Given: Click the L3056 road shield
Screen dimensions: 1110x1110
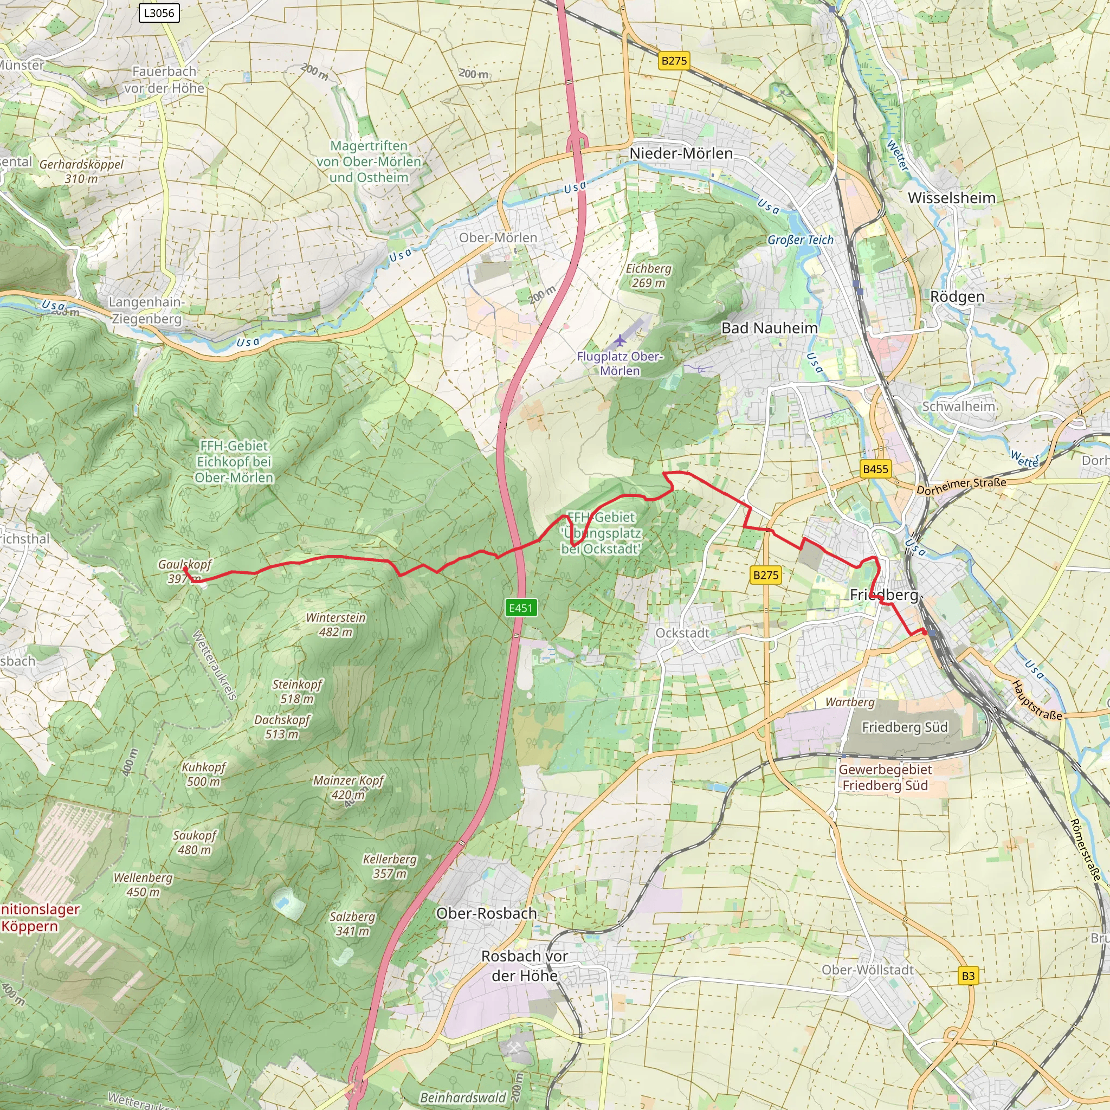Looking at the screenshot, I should click(x=159, y=12).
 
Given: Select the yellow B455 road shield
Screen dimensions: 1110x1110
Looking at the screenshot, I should click(x=875, y=469).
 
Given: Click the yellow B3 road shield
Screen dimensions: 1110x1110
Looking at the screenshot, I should click(x=968, y=976).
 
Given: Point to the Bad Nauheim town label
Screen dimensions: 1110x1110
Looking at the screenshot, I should click(x=769, y=328).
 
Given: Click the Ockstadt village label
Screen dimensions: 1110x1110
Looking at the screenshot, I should click(x=682, y=633).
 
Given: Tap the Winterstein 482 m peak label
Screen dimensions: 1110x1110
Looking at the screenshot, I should click(x=335, y=624).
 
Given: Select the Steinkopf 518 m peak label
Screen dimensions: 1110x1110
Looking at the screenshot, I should click(x=296, y=691).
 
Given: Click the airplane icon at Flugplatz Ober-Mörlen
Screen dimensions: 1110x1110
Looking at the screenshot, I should click(x=619, y=341).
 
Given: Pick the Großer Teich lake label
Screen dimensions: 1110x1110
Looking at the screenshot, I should click(x=801, y=240).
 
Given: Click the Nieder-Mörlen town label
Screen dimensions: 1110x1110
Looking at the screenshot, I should click(x=681, y=153).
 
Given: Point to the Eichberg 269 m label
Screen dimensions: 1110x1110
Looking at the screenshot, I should click(x=648, y=276).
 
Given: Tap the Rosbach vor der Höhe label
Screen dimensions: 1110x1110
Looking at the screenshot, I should click(x=525, y=966).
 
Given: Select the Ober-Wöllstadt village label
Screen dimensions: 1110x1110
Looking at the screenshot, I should click(x=868, y=970).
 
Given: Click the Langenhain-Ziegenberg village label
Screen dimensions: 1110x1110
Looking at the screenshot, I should click(x=146, y=310).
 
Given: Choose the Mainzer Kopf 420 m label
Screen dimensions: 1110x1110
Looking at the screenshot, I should click(x=348, y=788).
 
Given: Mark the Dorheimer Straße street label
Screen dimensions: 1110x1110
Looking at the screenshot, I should click(x=961, y=486).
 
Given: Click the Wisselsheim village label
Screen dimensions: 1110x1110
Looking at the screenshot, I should click(x=951, y=198).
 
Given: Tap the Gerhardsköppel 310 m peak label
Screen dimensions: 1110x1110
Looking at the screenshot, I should click(x=82, y=171).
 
